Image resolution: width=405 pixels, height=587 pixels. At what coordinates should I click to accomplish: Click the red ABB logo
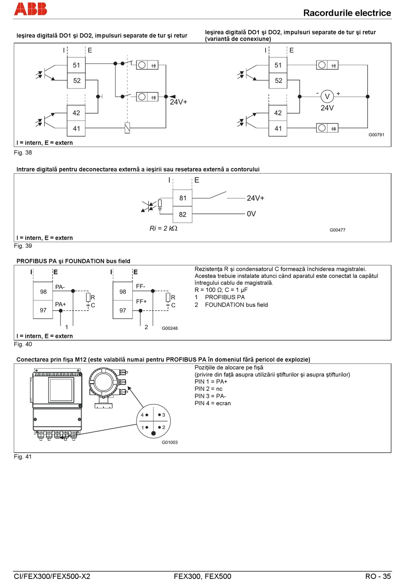point(30,9)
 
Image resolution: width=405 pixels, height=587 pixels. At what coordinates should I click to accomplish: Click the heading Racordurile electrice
point(347,13)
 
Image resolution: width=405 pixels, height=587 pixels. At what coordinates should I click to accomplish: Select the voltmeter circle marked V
point(327,97)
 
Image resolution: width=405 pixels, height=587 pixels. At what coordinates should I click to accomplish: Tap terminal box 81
point(182,198)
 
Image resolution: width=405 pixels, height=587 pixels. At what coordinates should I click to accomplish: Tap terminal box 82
point(182,215)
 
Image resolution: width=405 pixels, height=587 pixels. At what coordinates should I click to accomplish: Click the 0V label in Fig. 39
point(251,214)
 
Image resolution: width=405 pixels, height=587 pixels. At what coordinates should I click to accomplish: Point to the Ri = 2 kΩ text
point(163,228)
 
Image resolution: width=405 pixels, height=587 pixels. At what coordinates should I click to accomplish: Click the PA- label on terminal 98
point(60,287)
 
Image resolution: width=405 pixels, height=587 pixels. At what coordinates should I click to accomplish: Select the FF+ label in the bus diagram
point(141,301)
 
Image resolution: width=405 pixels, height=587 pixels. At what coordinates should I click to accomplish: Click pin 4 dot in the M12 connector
point(147,415)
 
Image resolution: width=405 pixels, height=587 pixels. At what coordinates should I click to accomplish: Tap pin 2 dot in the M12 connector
point(159,427)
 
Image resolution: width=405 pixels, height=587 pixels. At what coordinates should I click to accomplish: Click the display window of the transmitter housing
point(61,389)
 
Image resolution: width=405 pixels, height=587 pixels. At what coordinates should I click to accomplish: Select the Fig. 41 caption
point(23,457)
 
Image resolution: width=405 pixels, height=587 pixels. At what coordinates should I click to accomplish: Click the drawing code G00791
point(376,135)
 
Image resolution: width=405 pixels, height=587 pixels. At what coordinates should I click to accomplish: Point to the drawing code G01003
point(170,442)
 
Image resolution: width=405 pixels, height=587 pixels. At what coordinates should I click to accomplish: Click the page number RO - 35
point(378,576)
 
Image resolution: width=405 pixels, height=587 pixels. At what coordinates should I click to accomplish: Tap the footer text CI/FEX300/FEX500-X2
point(52,576)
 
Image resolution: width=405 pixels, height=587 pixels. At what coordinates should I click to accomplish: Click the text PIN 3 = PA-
point(210,396)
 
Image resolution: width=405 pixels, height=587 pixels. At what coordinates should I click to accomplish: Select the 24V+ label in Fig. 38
point(179,102)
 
